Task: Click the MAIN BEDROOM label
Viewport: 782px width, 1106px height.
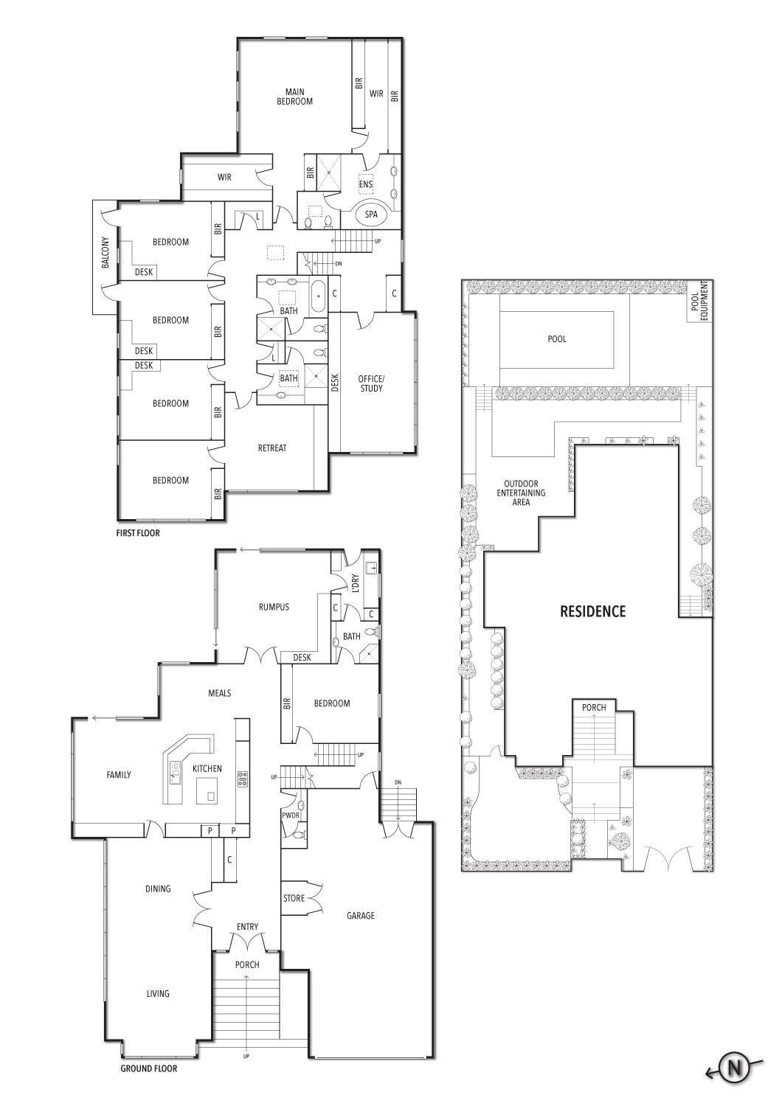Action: point(294,97)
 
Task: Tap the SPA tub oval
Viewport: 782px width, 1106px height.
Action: point(371,215)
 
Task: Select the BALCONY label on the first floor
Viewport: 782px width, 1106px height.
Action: point(105,253)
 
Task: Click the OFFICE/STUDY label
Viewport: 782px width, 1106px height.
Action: point(371,383)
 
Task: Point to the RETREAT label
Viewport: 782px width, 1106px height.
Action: point(272,448)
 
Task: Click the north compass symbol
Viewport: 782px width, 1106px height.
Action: point(735,1068)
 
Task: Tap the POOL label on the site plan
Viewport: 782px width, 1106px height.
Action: point(557,338)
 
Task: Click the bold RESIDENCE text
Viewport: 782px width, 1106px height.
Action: point(593,611)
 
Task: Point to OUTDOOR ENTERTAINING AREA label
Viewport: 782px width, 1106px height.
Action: point(521,493)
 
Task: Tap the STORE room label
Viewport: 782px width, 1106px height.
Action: point(294,898)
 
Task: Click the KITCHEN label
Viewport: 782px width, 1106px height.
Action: point(207,768)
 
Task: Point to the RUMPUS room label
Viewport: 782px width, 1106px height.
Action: point(274,607)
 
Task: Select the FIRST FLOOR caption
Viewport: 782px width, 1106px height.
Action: point(138,533)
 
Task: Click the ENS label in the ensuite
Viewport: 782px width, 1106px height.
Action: point(366,184)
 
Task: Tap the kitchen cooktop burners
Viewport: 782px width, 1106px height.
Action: point(243,779)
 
